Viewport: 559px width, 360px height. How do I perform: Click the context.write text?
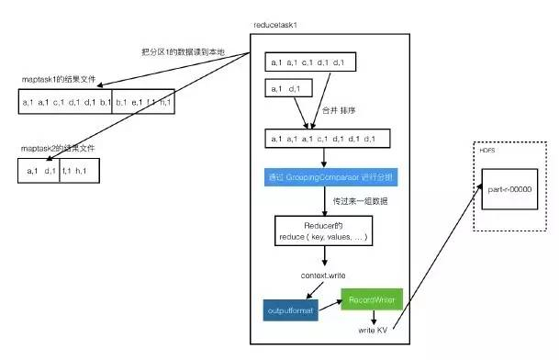click(322, 276)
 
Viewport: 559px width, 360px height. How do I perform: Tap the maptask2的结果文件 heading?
click(61, 148)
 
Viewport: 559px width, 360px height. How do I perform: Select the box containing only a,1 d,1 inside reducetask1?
click(287, 89)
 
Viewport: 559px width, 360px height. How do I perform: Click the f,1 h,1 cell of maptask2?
click(79, 171)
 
